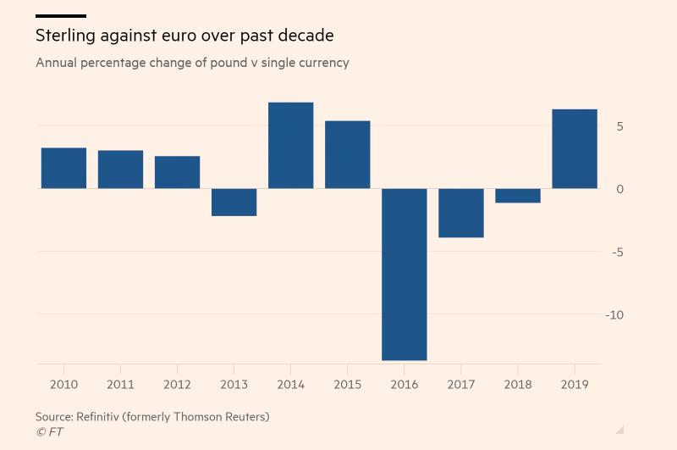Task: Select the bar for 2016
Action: click(x=404, y=274)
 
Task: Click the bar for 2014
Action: click(x=290, y=145)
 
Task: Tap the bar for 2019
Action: click(x=574, y=148)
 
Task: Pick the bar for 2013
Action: click(x=234, y=202)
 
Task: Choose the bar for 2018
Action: click(x=517, y=196)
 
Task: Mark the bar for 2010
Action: click(x=63, y=168)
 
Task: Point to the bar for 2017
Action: click(x=460, y=213)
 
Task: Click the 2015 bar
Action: click(x=347, y=154)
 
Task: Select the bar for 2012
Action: click(x=177, y=172)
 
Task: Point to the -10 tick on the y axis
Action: click(x=614, y=314)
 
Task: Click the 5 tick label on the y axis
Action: click(x=619, y=126)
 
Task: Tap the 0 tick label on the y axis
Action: click(x=619, y=189)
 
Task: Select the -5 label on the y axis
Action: click(x=618, y=252)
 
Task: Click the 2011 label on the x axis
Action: click(x=120, y=385)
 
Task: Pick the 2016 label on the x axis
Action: click(x=404, y=385)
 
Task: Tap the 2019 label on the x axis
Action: click(x=574, y=385)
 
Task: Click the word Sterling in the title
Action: click(x=65, y=36)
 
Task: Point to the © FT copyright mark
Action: click(x=49, y=432)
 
